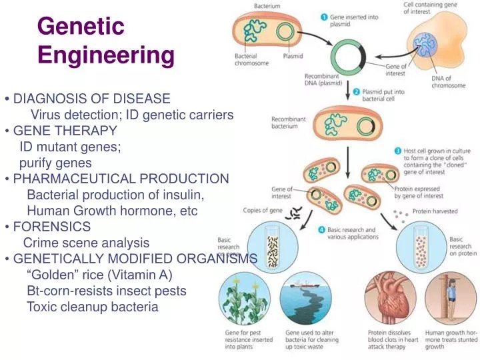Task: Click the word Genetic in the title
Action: pos(81,26)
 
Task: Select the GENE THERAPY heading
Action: pos(65,130)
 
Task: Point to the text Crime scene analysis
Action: pos(86,243)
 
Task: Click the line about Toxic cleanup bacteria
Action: pos(92,307)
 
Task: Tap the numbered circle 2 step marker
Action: pos(357,91)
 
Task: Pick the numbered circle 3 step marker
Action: pos(397,151)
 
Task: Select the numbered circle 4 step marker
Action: pos(321,230)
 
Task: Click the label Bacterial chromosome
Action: pos(251,60)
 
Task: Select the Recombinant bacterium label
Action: pos(289,123)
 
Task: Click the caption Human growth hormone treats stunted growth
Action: pos(452,339)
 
